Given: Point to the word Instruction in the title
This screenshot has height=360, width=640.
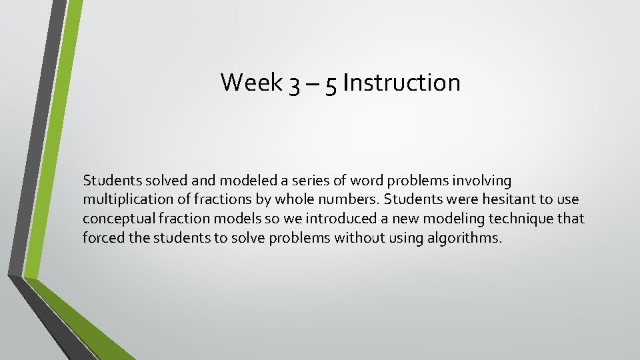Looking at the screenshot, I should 401,83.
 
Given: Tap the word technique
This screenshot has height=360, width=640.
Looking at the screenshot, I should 521,219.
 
